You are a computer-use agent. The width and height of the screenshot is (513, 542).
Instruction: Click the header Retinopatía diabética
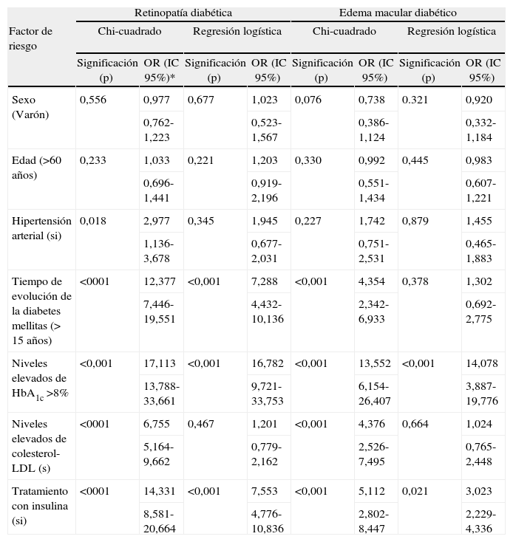(x=183, y=13)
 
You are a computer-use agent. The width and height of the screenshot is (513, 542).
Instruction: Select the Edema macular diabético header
(x=398, y=13)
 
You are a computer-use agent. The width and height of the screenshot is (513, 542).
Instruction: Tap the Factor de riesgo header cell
(x=30, y=38)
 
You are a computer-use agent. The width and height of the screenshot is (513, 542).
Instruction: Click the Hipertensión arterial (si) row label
(x=41, y=228)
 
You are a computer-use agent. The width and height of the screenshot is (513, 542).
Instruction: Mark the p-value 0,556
(x=93, y=100)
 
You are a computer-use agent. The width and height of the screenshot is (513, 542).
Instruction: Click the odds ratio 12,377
(x=158, y=281)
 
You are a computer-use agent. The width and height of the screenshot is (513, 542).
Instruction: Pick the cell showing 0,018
(x=93, y=221)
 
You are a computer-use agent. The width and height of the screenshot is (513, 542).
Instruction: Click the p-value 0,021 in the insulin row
(x=416, y=491)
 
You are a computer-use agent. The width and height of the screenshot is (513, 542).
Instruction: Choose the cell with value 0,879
(x=416, y=221)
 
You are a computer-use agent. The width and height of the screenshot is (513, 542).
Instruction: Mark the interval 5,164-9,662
(x=160, y=453)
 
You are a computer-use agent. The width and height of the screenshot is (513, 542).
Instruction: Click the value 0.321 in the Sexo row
(x=416, y=100)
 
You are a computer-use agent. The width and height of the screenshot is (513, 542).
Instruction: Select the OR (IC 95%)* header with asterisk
(x=160, y=70)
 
